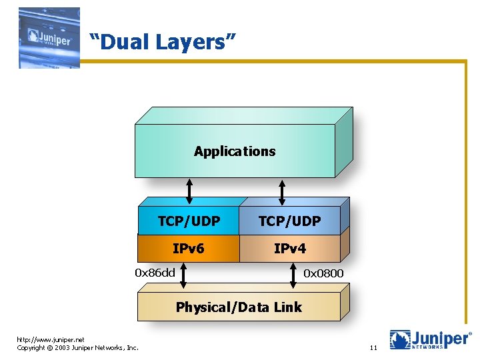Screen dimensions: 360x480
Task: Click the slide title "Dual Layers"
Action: coord(163,43)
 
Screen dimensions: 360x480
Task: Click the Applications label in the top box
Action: coord(235,151)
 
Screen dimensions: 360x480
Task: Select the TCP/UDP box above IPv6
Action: coord(189,221)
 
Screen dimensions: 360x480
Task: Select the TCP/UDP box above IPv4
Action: coord(289,221)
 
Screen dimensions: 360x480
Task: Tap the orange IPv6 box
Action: coord(189,249)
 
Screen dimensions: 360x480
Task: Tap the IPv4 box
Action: coord(289,249)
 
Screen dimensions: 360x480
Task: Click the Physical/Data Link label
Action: coord(239,307)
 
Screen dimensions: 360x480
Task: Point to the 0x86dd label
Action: coord(155,272)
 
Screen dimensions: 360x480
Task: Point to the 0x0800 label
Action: coord(323,273)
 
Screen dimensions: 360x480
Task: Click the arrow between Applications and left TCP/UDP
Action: coord(189,191)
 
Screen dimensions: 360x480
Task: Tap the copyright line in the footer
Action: coord(77,347)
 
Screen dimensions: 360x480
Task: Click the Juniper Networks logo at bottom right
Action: coord(430,340)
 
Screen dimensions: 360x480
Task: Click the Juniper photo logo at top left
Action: coord(49,37)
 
